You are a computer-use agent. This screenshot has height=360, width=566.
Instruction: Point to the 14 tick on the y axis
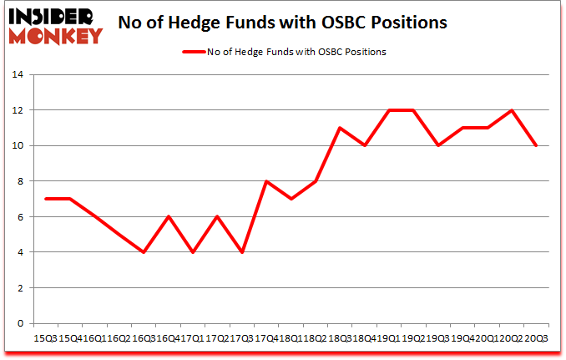19,74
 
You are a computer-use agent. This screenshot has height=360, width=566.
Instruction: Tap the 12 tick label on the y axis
19,110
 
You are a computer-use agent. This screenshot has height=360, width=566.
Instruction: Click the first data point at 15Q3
45,199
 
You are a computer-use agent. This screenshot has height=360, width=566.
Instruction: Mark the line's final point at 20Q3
535,145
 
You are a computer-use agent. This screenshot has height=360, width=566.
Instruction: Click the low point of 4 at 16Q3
144,252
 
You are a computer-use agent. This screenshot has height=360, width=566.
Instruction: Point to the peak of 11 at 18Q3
340,128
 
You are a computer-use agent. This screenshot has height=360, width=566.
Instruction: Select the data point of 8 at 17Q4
266,181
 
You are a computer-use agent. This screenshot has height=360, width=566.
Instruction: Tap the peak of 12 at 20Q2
511,110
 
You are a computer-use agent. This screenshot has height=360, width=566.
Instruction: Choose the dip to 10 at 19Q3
437,145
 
